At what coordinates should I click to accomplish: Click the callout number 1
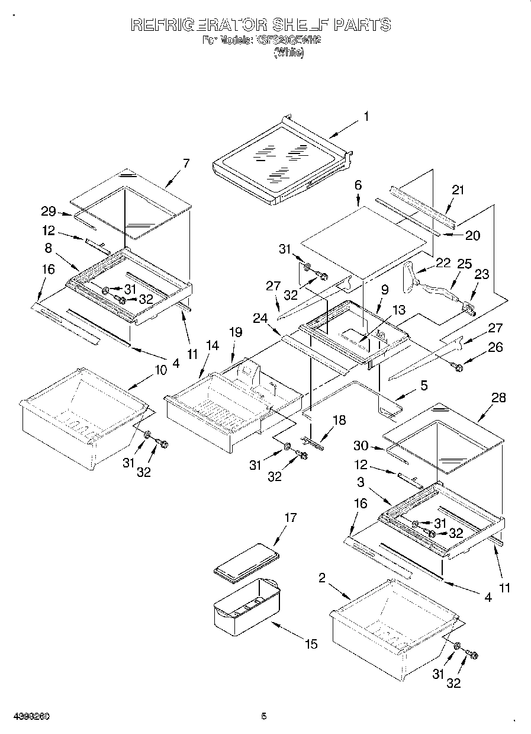[x=366, y=117]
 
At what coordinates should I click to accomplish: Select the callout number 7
[x=186, y=164]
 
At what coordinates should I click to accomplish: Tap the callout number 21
[x=458, y=190]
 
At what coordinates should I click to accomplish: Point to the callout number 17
[x=290, y=518]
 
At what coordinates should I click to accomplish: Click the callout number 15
[x=311, y=644]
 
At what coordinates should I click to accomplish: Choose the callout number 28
[x=499, y=398]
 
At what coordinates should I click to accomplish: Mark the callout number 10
[x=160, y=370]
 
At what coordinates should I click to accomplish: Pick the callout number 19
[x=236, y=333]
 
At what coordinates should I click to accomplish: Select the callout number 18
[x=339, y=420]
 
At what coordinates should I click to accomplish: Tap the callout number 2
[x=321, y=578]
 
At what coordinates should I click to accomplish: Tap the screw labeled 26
[x=458, y=368]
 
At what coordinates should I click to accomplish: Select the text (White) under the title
[x=288, y=53]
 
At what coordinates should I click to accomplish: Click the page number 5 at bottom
[x=264, y=716]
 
